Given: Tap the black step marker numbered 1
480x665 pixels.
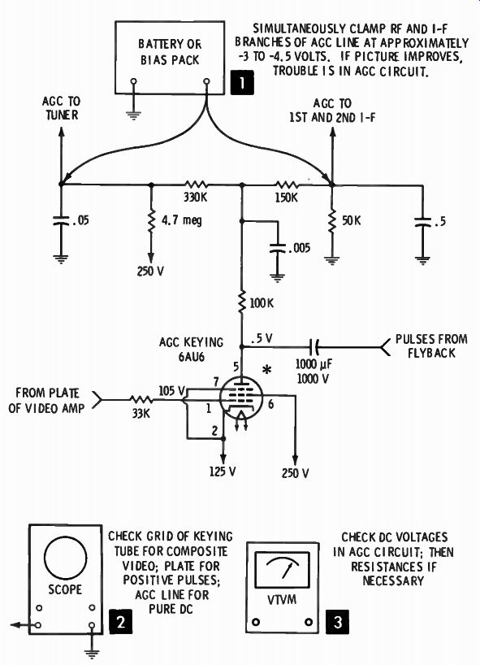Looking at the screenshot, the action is [x=242, y=83].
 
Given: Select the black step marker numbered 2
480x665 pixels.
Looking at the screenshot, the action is [x=121, y=622].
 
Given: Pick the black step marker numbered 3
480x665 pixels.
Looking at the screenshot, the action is [x=338, y=622].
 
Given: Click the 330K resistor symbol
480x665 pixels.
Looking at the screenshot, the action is [x=196, y=185].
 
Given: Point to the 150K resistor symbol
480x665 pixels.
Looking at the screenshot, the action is [x=287, y=185].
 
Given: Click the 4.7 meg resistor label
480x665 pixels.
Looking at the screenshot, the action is [x=182, y=220].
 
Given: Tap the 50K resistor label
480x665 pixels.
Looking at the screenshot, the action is [x=352, y=220].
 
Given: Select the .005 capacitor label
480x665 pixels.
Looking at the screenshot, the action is [x=299, y=248].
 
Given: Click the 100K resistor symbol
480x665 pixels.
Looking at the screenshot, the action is [x=242, y=302].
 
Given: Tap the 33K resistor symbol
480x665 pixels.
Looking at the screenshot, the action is [x=141, y=399].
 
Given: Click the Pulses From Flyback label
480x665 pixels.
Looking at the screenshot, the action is [x=431, y=346].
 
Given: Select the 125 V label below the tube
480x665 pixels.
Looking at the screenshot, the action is [x=223, y=472].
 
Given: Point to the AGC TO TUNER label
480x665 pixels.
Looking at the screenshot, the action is [x=62, y=108].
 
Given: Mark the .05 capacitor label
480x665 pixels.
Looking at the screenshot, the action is [x=80, y=220].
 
